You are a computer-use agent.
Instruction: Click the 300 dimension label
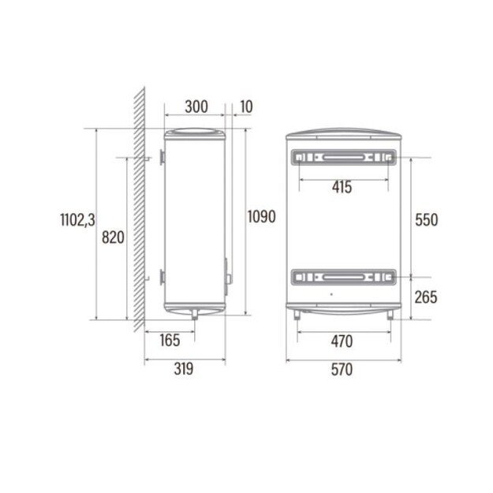196,106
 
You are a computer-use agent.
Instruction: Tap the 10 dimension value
246,106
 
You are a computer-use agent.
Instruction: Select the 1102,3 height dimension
77,219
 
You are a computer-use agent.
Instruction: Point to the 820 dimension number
113,237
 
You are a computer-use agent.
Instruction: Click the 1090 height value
262,216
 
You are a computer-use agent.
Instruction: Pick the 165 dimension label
170,340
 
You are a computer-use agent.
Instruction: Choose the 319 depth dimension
184,369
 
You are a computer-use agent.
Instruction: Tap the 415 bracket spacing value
342,188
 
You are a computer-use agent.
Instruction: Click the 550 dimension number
426,220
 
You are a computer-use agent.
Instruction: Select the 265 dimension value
426,297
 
